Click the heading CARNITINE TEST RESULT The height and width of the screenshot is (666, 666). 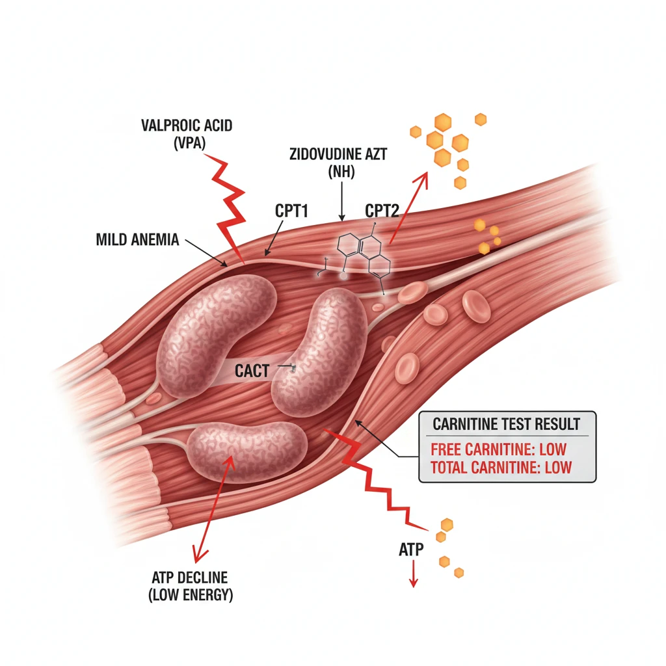pos(507,424)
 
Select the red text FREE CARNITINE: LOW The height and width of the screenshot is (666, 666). pos(499,449)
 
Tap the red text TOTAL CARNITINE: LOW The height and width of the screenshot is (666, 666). pos(501,467)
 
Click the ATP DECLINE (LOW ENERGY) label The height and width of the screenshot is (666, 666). pos(191,586)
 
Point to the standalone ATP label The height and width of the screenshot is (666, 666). pos(410,550)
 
